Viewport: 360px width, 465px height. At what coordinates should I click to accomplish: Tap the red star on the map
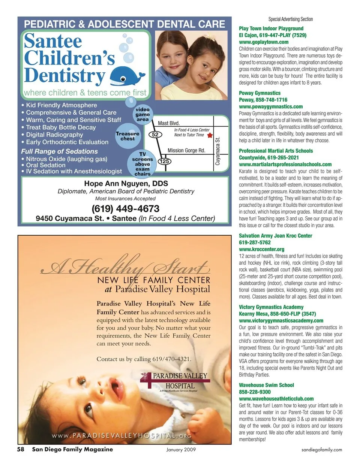(210, 135)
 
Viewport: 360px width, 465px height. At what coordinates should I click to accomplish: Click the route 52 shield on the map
(155, 135)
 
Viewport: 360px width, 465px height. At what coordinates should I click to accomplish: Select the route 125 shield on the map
(164, 161)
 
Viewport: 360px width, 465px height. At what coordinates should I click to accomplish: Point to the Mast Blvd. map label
(169, 123)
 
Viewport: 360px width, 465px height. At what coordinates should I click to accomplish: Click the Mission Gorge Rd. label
(186, 150)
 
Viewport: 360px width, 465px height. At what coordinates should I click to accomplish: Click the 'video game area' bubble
(142, 114)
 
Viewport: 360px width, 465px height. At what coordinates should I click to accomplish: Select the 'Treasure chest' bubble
(127, 136)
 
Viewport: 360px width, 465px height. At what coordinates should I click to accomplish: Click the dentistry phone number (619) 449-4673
(125, 209)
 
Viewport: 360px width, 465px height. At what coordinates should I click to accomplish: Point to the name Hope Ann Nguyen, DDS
(126, 184)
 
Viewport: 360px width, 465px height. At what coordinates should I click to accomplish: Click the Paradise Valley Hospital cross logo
(146, 380)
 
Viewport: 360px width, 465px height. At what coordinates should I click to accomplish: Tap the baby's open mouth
(115, 384)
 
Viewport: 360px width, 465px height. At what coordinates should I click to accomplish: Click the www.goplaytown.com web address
(264, 42)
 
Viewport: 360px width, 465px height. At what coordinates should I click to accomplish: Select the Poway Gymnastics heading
(259, 93)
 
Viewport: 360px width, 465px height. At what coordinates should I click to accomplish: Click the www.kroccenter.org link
(261, 249)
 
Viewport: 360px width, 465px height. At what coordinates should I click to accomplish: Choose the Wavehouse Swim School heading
(266, 385)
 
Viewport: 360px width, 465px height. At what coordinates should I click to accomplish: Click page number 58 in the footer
(21, 449)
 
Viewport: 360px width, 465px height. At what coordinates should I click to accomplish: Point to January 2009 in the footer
(181, 450)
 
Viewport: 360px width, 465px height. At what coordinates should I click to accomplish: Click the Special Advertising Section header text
(290, 19)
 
